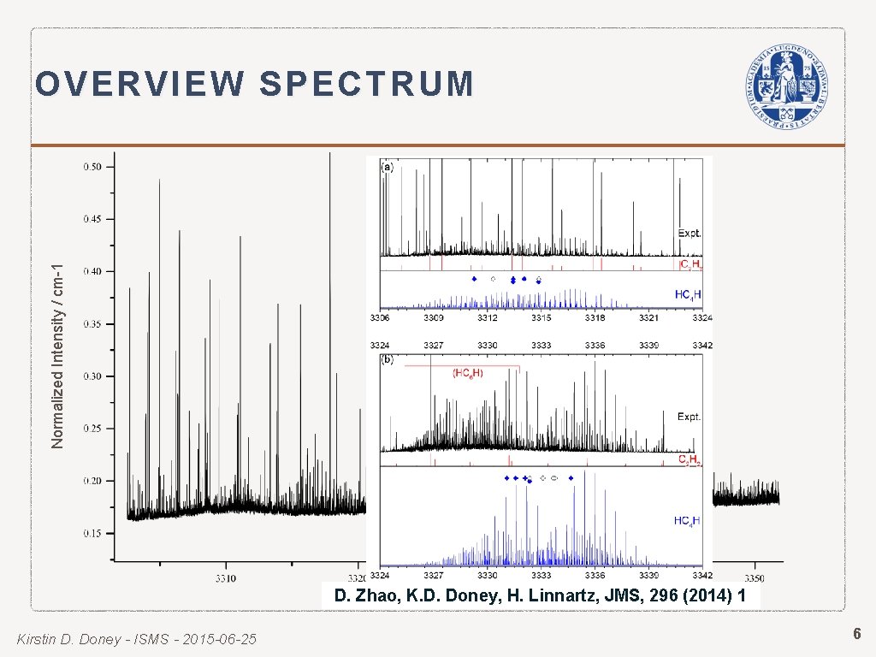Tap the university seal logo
point(785,86)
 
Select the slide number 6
point(855,634)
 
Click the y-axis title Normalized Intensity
point(58,342)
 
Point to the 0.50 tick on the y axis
point(92,167)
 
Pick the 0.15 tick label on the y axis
point(92,533)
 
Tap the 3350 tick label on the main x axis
point(755,565)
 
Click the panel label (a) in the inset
point(388,167)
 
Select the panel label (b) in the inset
point(388,360)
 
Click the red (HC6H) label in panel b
point(468,373)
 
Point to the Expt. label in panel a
point(690,233)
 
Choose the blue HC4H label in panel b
point(688,520)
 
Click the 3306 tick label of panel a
point(380,318)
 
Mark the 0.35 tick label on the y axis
point(92,324)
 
